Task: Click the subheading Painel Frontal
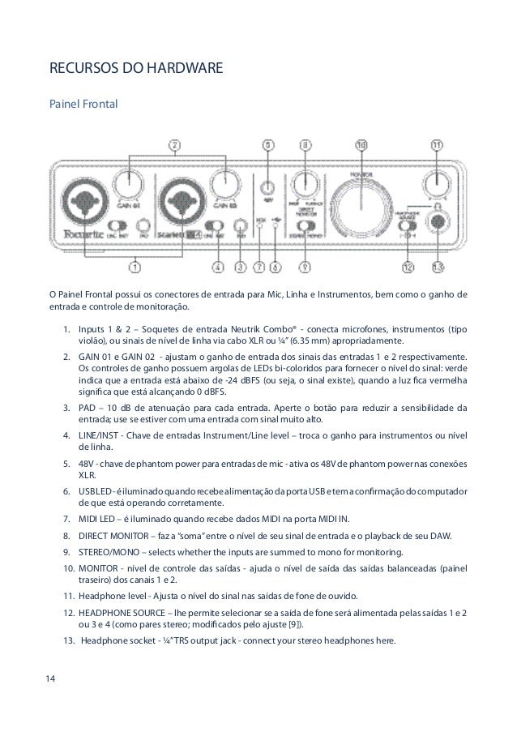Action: click(84, 105)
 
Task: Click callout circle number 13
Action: click(438, 263)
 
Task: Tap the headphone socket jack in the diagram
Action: click(439, 220)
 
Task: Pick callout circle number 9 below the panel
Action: click(305, 263)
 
